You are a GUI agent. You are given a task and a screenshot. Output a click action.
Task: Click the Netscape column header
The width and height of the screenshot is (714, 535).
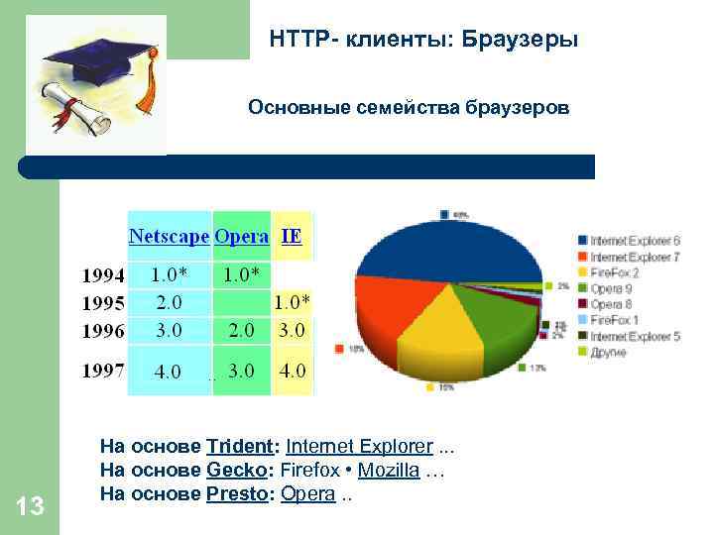(169, 237)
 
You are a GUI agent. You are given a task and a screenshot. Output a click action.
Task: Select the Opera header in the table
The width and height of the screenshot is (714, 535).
(242, 237)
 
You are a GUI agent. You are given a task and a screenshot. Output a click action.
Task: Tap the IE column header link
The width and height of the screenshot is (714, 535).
(292, 237)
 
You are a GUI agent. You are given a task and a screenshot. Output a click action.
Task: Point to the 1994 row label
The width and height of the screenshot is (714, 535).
(102, 273)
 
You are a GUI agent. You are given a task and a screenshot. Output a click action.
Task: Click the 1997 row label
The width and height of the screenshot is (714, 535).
(102, 372)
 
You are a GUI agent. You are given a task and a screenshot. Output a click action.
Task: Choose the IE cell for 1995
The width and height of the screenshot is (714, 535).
(292, 301)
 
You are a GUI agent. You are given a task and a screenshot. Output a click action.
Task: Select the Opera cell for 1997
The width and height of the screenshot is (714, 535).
(241, 372)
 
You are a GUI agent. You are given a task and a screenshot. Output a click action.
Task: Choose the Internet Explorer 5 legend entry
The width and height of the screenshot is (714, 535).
(634, 337)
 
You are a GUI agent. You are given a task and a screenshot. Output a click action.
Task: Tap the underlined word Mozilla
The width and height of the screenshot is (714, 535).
(389, 470)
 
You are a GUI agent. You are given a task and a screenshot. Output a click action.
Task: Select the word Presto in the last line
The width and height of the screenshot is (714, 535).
(237, 493)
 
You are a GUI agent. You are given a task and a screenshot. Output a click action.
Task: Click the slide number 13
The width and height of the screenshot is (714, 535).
(31, 507)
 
